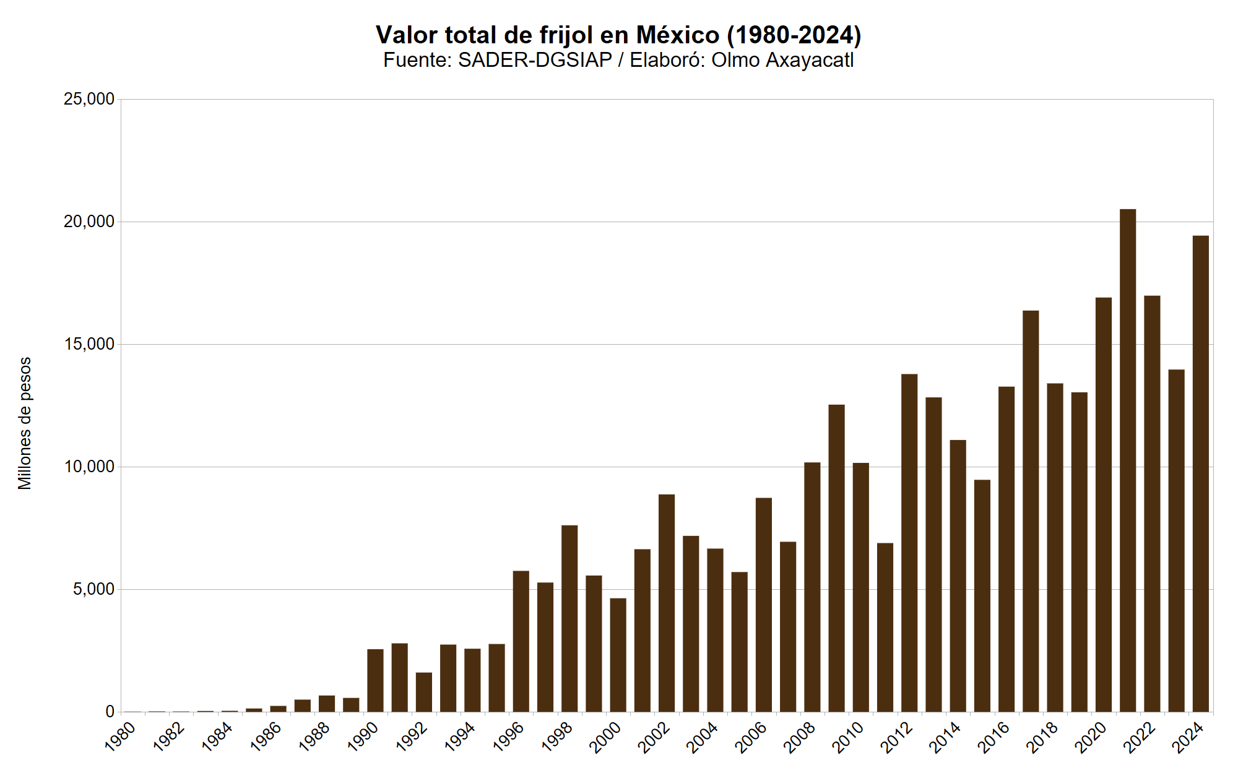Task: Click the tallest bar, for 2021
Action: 1128,460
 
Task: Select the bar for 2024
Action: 1200,473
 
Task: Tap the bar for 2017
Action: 1031,511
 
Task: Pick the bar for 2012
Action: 909,543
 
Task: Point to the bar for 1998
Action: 569,618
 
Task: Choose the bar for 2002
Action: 667,603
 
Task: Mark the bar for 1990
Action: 375,680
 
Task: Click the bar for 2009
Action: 836,558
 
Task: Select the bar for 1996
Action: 521,641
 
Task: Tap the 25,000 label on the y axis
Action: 89,99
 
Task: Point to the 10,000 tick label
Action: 89,467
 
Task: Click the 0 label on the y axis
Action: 110,712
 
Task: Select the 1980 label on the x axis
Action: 120,738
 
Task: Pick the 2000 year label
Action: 605,738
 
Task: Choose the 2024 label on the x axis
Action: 1188,738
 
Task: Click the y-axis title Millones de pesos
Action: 25,423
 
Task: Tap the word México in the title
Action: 678,35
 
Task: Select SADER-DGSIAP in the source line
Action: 535,60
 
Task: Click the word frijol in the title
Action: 566,35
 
